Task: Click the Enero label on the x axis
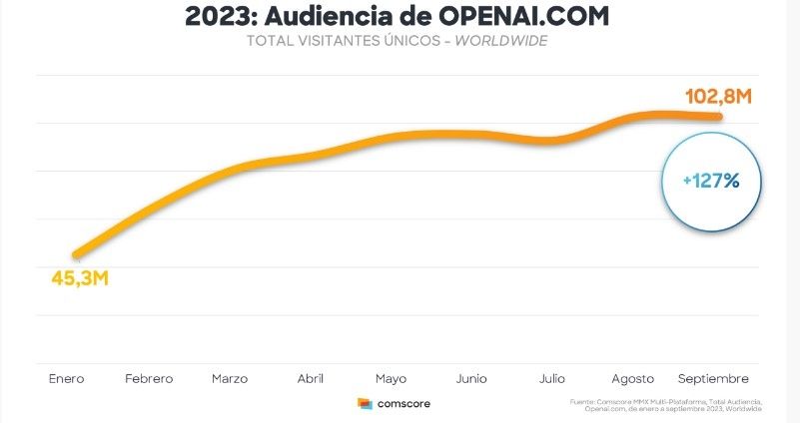(x=66, y=379)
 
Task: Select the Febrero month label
(x=149, y=379)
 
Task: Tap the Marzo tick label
(x=230, y=379)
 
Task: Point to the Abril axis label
(x=310, y=379)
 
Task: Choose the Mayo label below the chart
(x=391, y=379)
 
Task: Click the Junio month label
(x=471, y=379)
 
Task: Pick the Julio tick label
(x=551, y=379)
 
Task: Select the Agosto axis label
(x=632, y=379)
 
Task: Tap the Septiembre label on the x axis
(x=713, y=379)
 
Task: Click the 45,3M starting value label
(x=79, y=276)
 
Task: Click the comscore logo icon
(x=365, y=404)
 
